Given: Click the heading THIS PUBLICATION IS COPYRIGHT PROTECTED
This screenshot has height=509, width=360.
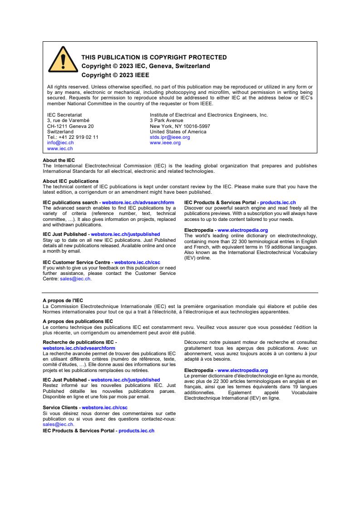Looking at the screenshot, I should coord(154,58).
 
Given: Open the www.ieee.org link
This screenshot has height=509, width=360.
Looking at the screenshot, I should coord(165,142).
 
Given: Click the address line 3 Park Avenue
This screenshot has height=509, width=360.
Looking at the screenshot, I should coord(166,121).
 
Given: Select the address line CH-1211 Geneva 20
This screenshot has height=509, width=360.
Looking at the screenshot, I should coord(70,126).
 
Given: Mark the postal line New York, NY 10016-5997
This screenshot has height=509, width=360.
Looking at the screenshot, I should coord(180,126).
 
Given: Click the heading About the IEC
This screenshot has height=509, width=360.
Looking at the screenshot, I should coord(59,161).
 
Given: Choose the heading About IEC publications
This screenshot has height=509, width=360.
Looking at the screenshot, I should coord(70,181).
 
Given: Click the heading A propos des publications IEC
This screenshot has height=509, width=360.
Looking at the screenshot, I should coord(78,321).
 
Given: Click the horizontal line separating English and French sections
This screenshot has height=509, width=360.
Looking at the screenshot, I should coord(180,293).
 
